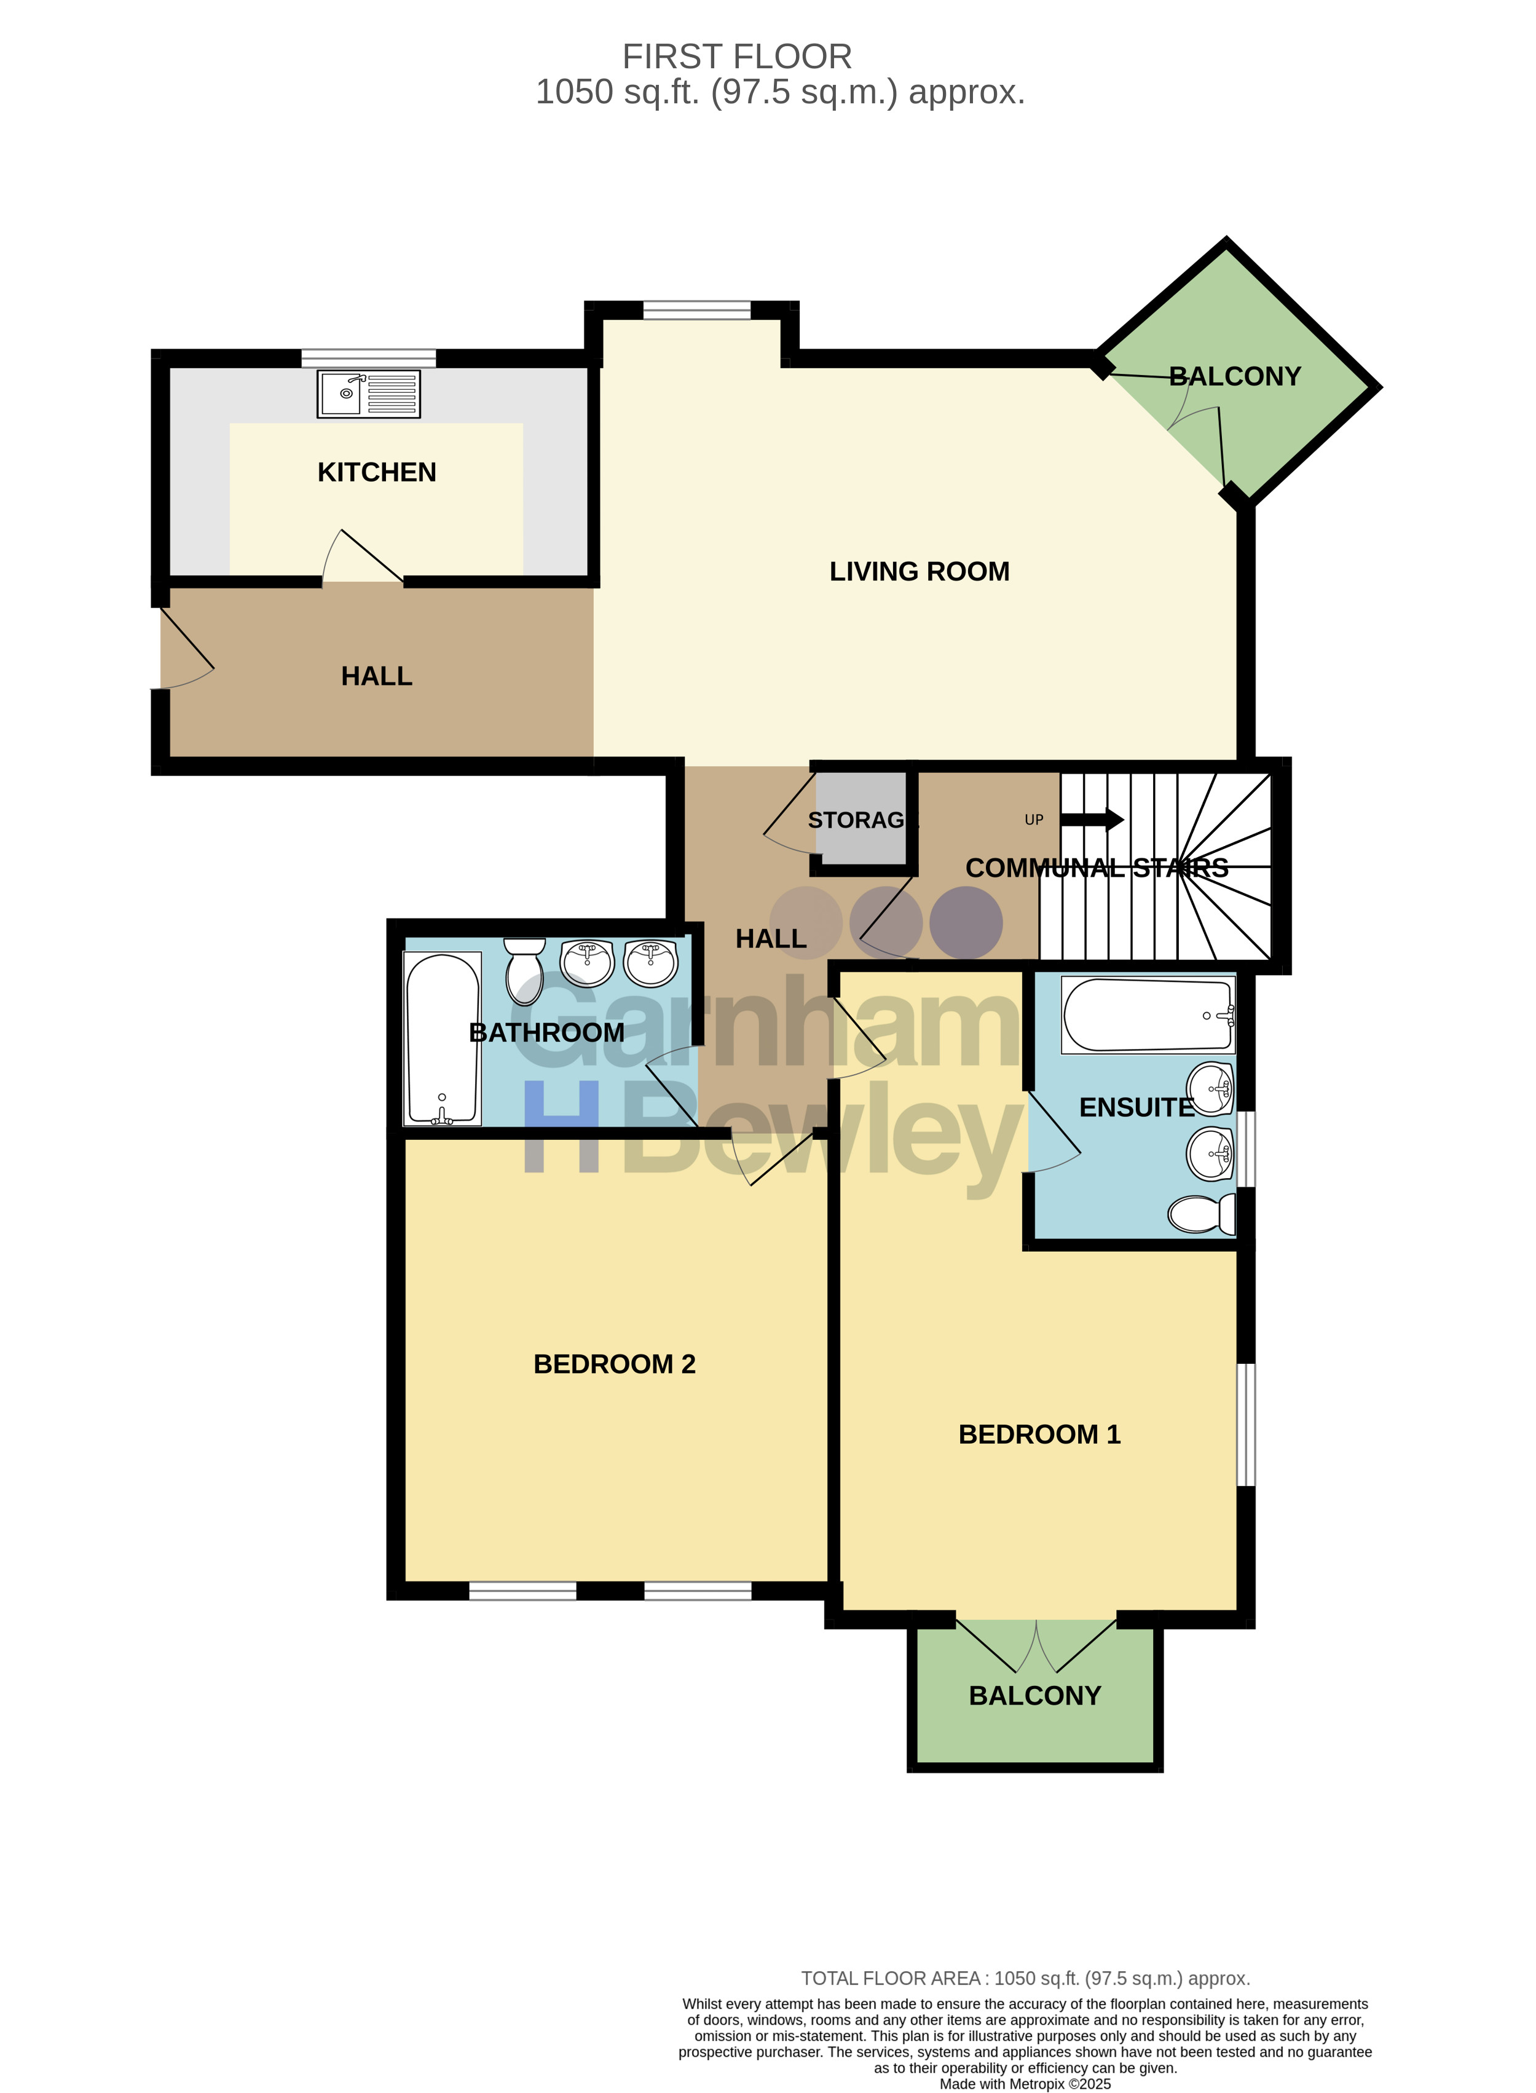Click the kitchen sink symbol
click(x=368, y=394)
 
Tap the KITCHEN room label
click(x=377, y=473)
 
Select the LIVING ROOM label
click(x=919, y=571)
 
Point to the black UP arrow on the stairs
click(x=1092, y=820)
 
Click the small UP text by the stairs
click(x=1034, y=820)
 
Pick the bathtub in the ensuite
click(x=1148, y=1015)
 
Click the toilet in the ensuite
click(x=1202, y=1213)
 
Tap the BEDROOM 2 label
click(x=615, y=1364)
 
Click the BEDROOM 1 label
click(x=1039, y=1434)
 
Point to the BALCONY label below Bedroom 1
click(x=1035, y=1696)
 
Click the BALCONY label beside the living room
click(x=1235, y=376)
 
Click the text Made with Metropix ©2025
click(x=1026, y=2084)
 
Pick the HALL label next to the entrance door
click(x=377, y=676)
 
